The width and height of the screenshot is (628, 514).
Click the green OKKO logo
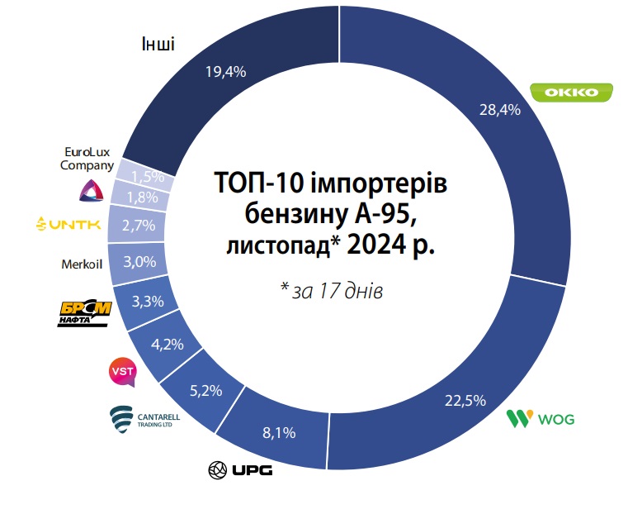(x=571, y=93)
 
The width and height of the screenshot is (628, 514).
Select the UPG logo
(x=240, y=471)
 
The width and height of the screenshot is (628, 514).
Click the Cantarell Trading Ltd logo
(x=144, y=419)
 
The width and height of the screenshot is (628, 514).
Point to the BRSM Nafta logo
(x=84, y=313)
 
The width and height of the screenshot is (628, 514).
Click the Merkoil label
(x=80, y=265)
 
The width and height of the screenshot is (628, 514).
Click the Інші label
(x=158, y=43)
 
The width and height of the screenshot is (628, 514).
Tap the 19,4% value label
(x=225, y=72)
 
